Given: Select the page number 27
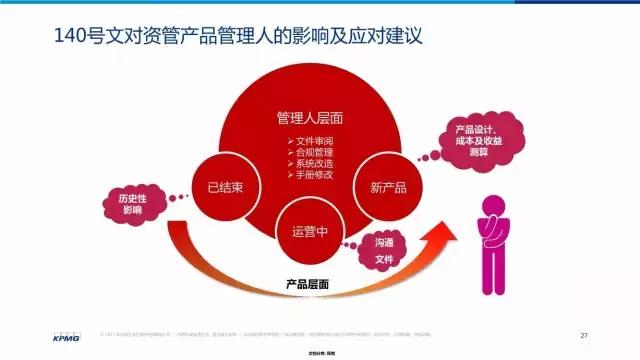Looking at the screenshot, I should [x=585, y=333].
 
